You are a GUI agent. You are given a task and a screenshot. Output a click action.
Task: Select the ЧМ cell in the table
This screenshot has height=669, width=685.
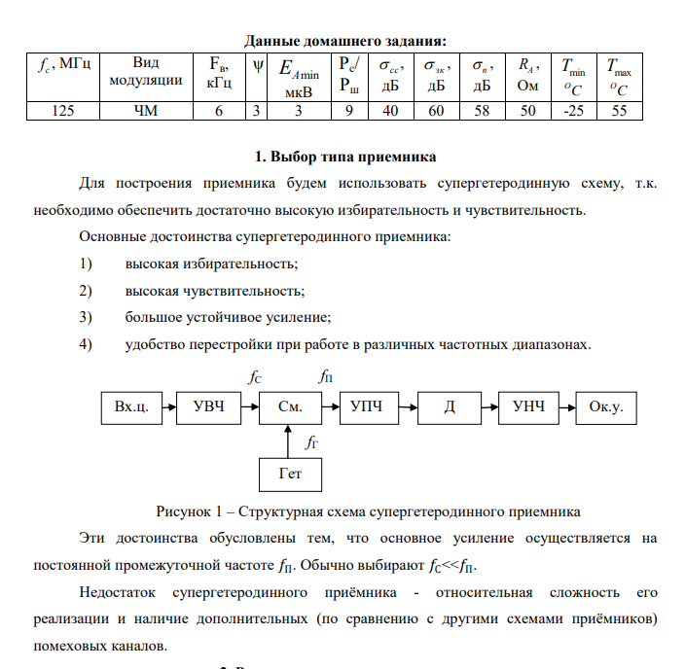[145, 111]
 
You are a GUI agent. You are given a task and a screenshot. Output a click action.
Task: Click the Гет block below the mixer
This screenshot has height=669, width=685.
[290, 474]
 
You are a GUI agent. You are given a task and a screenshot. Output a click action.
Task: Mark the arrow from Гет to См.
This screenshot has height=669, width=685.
[290, 440]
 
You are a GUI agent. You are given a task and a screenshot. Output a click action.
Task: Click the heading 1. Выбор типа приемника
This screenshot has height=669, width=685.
[345, 157]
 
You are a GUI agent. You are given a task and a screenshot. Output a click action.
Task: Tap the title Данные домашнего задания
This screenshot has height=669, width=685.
[345, 41]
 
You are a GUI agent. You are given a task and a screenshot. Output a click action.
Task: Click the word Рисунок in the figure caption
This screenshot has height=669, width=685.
[183, 510]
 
